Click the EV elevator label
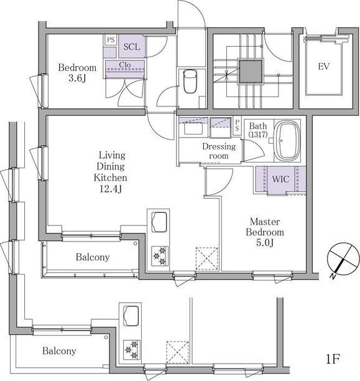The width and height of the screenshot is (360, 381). (324, 67)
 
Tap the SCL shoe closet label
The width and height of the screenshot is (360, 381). (132, 47)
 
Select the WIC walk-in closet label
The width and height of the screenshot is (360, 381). (280, 179)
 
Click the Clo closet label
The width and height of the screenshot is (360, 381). (125, 65)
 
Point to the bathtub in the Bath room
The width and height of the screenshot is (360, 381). (287, 141)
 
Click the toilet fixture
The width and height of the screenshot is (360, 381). (190, 81)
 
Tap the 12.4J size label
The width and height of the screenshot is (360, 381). (111, 189)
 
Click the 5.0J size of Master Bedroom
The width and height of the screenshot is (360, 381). (265, 243)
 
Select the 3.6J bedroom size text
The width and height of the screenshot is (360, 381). (77, 78)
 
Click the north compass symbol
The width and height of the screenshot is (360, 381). (343, 259)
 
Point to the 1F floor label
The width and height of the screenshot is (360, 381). (333, 359)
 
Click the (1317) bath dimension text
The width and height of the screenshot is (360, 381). (258, 134)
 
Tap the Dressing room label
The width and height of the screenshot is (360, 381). (219, 151)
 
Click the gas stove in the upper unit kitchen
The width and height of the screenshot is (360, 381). (160, 256)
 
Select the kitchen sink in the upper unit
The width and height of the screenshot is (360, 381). (159, 222)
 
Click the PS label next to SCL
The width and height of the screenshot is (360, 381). (111, 40)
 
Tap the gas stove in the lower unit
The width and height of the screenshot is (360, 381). (132, 350)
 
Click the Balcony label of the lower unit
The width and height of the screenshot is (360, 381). (59, 351)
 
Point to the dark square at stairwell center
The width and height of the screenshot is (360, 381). (251, 72)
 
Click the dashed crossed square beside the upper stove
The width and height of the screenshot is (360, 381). (207, 258)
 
